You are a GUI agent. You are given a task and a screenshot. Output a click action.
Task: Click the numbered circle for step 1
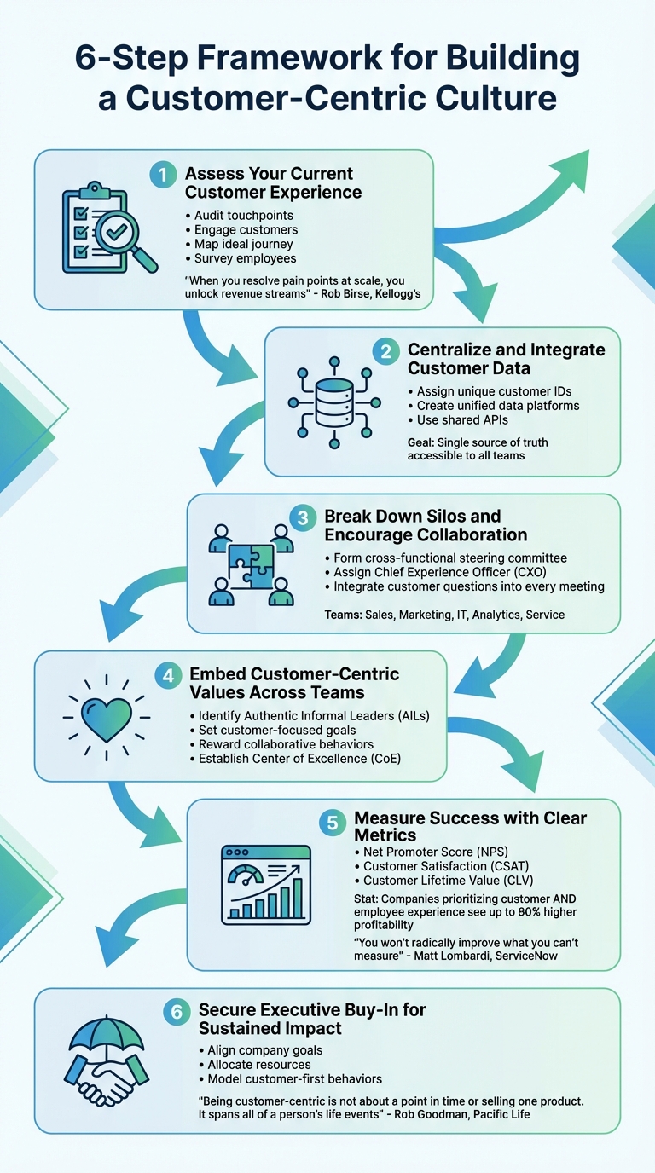point(161,175)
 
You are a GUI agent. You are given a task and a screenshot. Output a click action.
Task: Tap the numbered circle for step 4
point(167,676)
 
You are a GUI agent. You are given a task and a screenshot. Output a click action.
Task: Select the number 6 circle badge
point(175,1012)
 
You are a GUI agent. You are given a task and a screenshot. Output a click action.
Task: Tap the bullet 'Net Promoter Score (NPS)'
point(432,852)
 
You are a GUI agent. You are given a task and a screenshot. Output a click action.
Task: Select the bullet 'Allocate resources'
point(258,1064)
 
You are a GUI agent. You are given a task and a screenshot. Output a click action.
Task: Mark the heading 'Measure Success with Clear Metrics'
point(470,826)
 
